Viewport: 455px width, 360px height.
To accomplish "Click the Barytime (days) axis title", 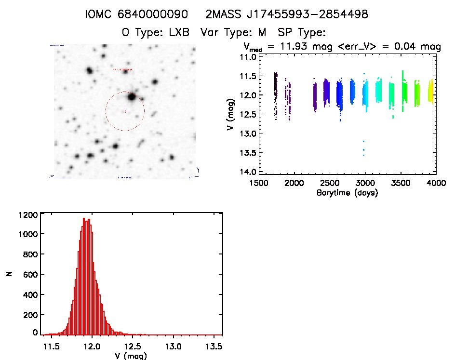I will (347, 193).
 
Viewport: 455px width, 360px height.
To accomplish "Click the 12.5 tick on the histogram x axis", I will (132, 347).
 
